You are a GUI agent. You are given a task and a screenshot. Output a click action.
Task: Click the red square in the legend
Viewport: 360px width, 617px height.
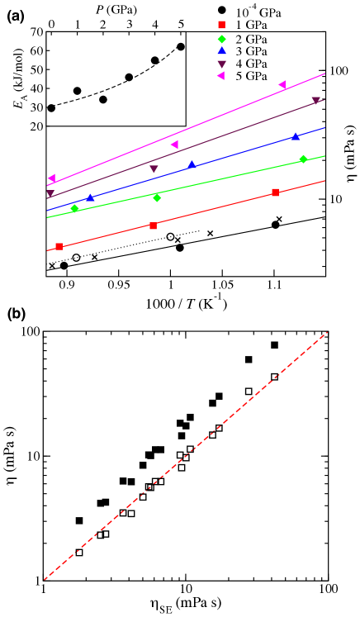click(x=221, y=25)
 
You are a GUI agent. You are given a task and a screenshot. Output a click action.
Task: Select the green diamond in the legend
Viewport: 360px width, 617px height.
click(x=221, y=39)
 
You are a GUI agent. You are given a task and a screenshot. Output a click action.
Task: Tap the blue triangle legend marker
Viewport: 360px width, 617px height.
click(x=221, y=50)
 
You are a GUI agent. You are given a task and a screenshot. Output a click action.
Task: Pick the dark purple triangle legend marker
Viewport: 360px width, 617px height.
click(x=221, y=64)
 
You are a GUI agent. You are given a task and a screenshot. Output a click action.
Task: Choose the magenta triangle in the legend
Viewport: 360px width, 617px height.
click(x=220, y=76)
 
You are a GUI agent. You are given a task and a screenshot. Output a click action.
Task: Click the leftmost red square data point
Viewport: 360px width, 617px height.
click(x=59, y=246)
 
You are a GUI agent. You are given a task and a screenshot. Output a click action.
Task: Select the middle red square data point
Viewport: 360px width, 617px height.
click(x=153, y=225)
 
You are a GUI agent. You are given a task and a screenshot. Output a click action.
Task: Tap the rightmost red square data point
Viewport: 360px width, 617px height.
click(x=275, y=192)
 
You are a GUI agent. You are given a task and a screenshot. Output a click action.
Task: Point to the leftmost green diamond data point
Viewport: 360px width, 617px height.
click(x=74, y=208)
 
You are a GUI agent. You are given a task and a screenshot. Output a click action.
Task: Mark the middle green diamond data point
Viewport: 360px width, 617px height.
click(x=157, y=197)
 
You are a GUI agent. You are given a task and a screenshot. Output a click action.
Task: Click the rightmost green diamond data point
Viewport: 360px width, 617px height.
click(x=303, y=159)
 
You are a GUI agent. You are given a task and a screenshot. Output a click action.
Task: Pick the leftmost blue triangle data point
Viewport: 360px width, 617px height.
click(x=90, y=197)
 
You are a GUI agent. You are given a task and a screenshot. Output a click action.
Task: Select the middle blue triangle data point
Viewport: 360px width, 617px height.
click(x=192, y=164)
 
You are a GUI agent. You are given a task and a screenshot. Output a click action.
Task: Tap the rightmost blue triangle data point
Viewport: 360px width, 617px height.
click(x=296, y=136)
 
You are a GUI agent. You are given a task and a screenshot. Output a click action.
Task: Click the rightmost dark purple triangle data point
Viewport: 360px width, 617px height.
click(x=315, y=101)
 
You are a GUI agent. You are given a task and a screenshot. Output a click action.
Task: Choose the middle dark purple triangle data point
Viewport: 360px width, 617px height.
click(x=154, y=169)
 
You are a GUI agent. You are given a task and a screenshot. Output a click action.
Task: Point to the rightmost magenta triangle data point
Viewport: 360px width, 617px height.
click(x=282, y=84)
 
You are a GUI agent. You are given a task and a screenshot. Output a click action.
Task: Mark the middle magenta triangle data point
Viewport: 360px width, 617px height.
click(x=174, y=145)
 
